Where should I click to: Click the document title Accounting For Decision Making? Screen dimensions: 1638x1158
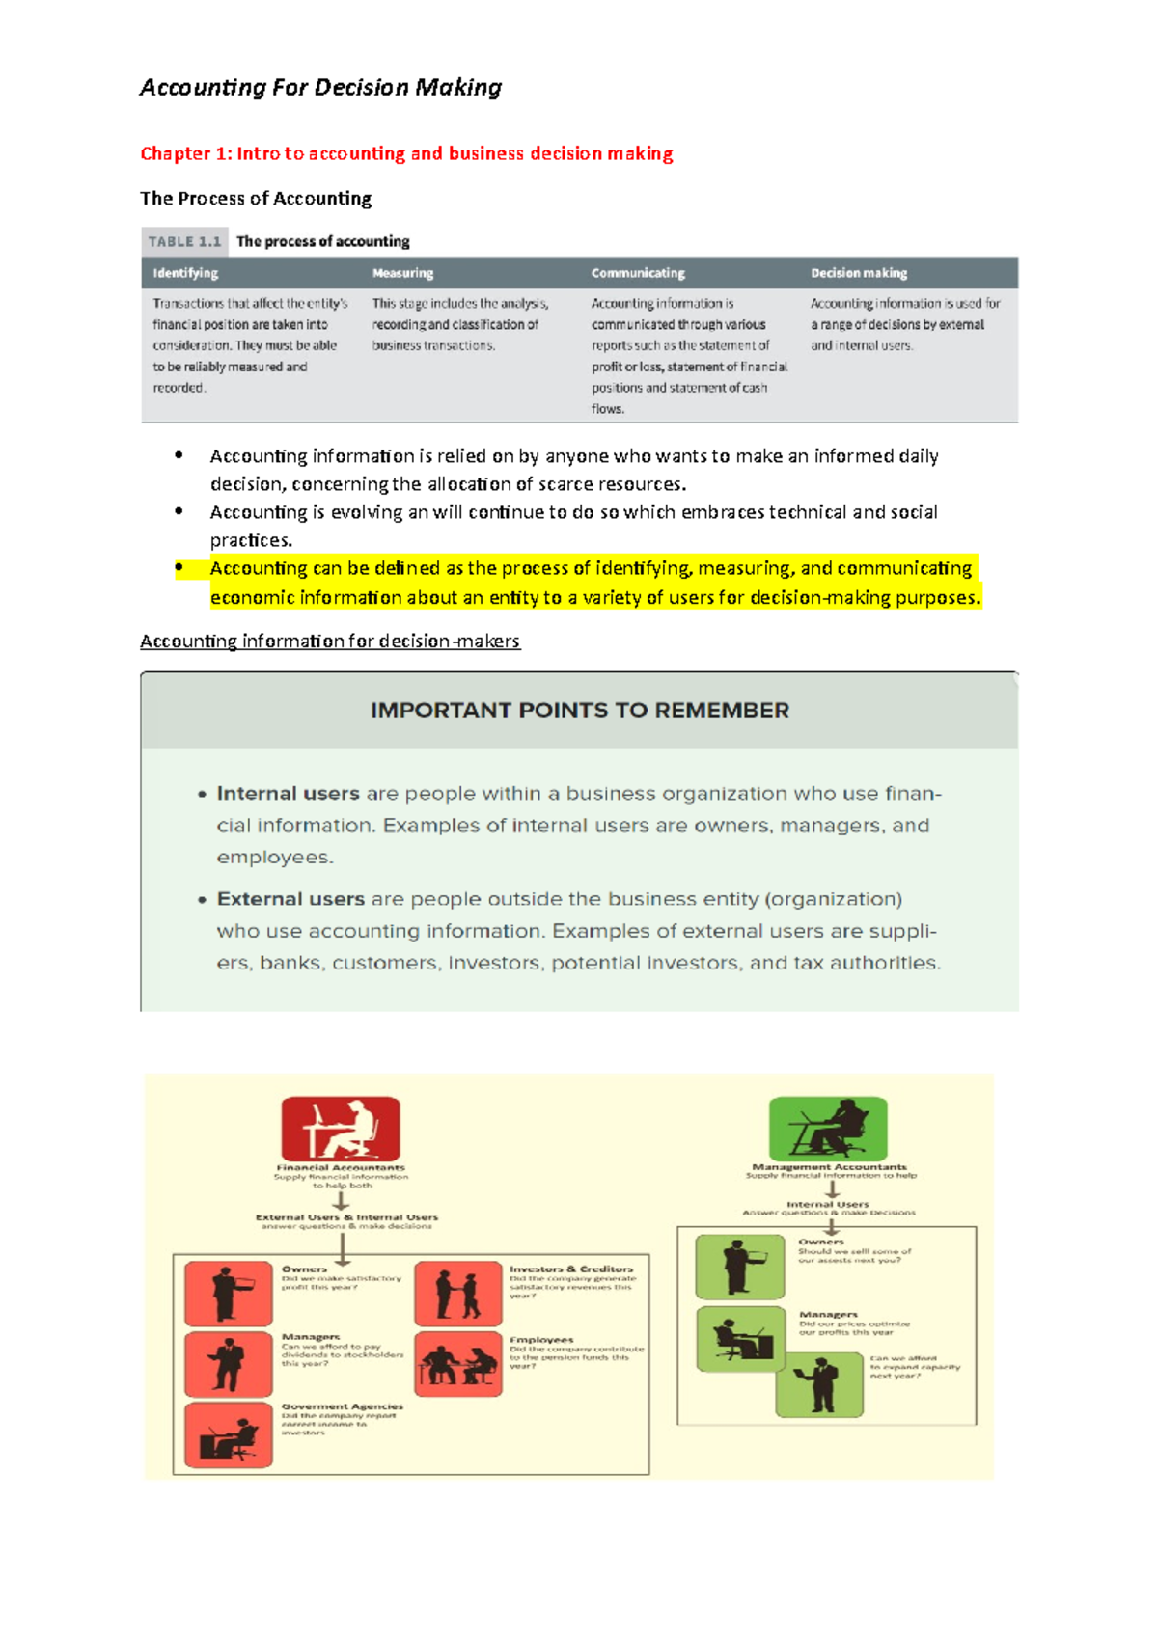click(320, 88)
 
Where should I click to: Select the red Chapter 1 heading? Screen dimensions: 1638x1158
click(406, 153)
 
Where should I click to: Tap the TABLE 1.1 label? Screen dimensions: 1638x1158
click(184, 241)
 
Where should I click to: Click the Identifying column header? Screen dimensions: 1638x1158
click(185, 273)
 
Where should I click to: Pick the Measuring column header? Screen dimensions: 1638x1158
click(402, 273)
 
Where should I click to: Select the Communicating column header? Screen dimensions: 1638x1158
click(638, 273)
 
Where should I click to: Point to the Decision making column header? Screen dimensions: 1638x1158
click(859, 273)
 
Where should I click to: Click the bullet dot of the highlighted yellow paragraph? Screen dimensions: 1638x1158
click(179, 568)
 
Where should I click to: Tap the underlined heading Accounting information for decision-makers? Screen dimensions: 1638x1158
click(330, 642)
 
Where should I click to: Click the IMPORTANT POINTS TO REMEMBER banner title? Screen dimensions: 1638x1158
click(579, 711)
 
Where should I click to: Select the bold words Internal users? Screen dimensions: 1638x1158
click(288, 794)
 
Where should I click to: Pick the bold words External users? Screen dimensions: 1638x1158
click(290, 899)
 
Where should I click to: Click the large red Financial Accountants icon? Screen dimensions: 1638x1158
click(341, 1129)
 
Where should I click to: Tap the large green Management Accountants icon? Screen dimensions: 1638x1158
click(828, 1128)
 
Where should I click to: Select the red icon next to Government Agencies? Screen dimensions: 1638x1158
click(228, 1434)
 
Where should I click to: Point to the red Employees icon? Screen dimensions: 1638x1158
click(457, 1364)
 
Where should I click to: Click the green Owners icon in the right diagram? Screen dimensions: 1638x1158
click(740, 1267)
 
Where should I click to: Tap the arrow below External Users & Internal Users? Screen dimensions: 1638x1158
click(343, 1247)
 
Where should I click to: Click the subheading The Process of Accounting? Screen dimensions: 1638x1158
click(256, 199)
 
